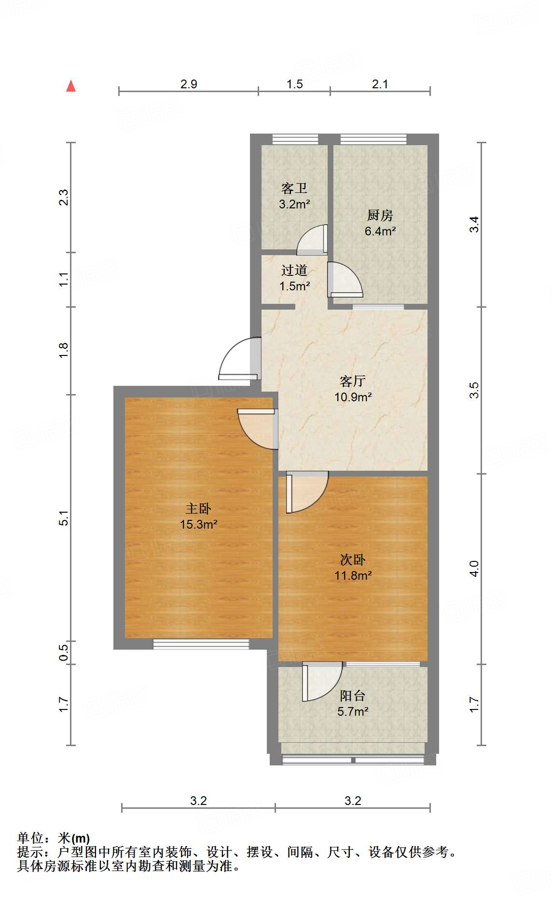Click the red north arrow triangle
[x=71, y=86]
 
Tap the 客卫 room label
[x=294, y=188]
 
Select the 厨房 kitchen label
[x=380, y=215]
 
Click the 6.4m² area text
[x=380, y=231]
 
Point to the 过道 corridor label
[x=294, y=270]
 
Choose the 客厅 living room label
[x=352, y=381]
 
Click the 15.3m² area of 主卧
[x=198, y=524]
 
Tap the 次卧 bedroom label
[x=352, y=559]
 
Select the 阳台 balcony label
[x=352, y=695]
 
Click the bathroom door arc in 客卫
[x=311, y=240]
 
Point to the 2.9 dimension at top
[x=189, y=84]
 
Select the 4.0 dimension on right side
[x=474, y=569]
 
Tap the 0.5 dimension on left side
[x=64, y=653]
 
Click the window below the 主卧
[x=201, y=644]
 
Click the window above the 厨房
[x=373, y=139]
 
